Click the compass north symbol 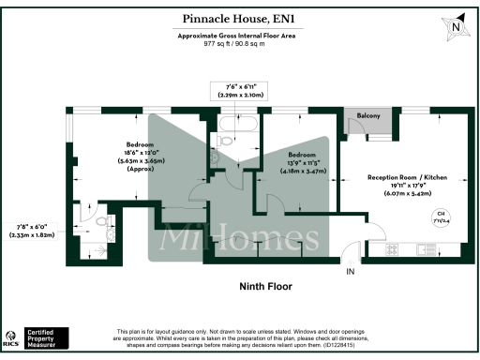pyautogui.click(x=456, y=27)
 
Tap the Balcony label pyautogui.click(x=368, y=115)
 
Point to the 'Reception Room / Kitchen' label pyautogui.click(x=406, y=177)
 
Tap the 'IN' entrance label pyautogui.click(x=351, y=272)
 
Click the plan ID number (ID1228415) pyautogui.click(x=357, y=345)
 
